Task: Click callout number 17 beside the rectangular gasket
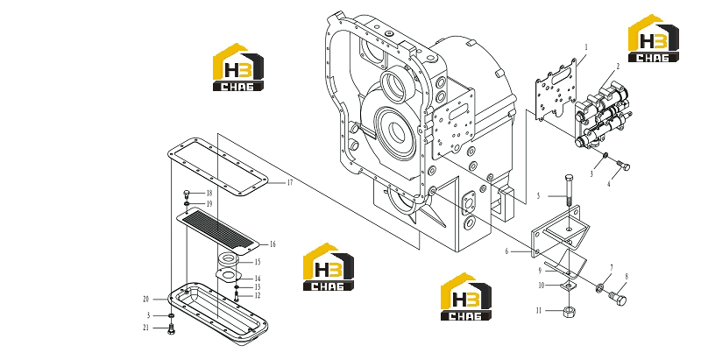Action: point(290,182)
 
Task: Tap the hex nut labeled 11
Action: point(569,311)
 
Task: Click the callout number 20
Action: point(145,300)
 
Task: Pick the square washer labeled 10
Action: point(568,286)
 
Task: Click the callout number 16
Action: point(273,244)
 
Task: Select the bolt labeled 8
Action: point(618,299)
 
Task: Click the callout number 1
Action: point(586,46)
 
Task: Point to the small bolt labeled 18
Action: point(187,194)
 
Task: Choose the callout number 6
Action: point(506,251)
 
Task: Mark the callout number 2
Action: point(618,66)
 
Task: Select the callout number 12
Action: point(257,295)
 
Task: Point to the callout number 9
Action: point(540,271)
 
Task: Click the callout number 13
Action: point(257,287)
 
